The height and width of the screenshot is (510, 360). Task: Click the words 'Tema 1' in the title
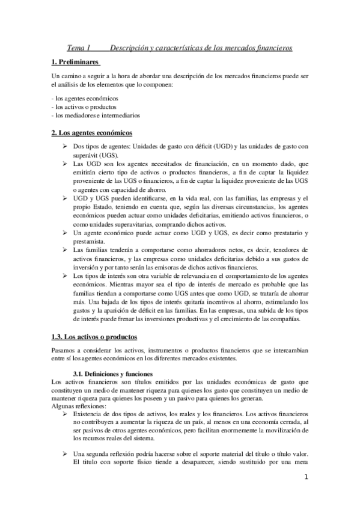pyautogui.click(x=78, y=48)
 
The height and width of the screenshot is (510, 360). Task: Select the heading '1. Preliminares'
pyautogui.click(x=76, y=63)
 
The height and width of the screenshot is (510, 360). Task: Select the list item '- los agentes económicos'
pyautogui.click(x=85, y=98)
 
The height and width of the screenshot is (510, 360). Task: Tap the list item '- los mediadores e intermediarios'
pyautogui.click(x=96, y=115)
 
